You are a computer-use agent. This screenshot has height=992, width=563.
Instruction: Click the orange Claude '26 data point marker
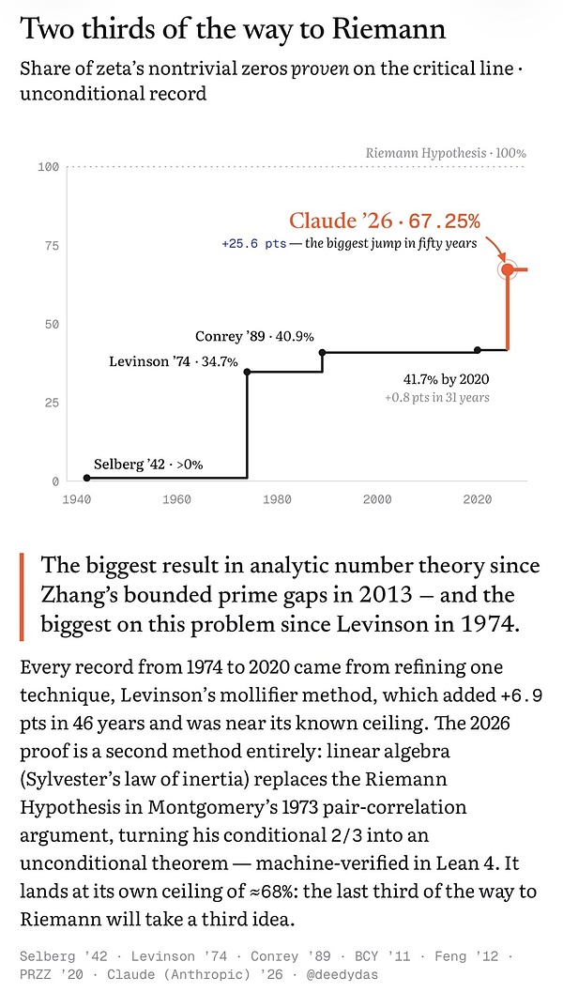click(x=508, y=269)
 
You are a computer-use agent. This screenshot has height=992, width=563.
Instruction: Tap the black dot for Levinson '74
click(x=247, y=372)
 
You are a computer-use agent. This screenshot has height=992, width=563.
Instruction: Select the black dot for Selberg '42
click(x=86, y=478)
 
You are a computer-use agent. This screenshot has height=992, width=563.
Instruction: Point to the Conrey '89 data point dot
click(x=322, y=352)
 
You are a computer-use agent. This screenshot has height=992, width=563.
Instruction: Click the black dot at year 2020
click(x=478, y=349)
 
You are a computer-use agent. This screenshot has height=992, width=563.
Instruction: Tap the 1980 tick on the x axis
click(x=277, y=500)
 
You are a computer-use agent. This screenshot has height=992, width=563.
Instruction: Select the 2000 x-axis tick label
click(x=377, y=500)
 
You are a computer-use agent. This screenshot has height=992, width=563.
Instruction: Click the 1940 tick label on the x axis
click(x=77, y=500)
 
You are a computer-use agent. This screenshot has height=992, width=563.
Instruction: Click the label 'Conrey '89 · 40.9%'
click(x=254, y=337)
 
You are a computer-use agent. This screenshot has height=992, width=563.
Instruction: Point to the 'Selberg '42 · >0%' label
click(x=148, y=465)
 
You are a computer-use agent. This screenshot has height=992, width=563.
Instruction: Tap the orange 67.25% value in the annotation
click(x=445, y=221)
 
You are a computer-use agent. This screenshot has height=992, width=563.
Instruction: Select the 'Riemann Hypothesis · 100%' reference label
click(x=446, y=153)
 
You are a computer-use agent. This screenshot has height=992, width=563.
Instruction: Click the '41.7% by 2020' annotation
click(x=446, y=380)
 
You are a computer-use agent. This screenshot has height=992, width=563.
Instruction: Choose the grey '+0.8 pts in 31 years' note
click(x=436, y=398)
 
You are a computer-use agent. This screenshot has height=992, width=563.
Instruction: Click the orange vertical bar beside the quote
click(x=23, y=596)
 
